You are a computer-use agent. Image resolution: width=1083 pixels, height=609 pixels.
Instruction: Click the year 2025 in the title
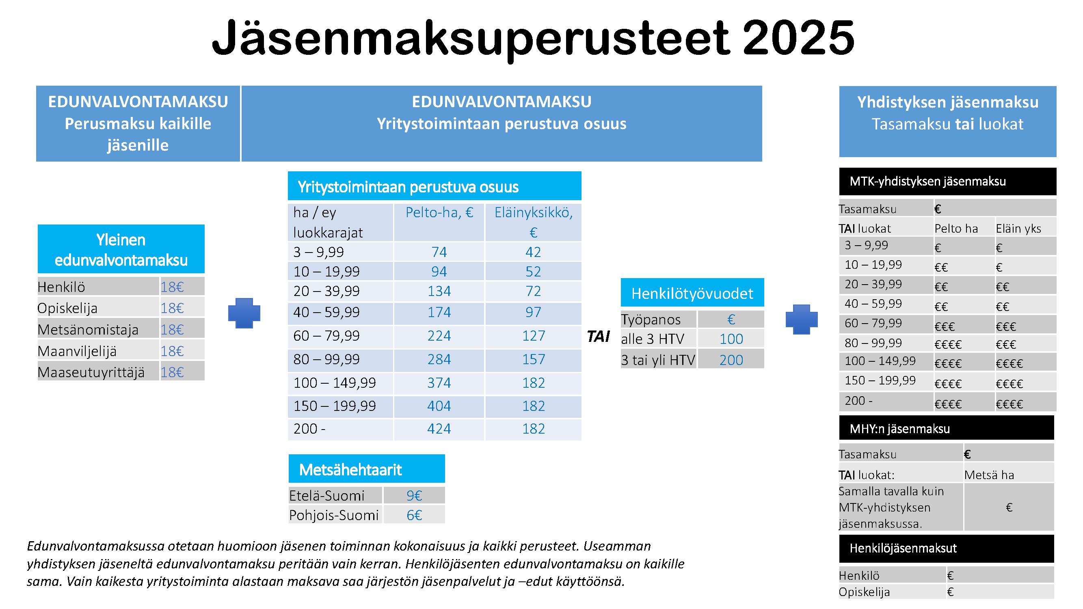pyautogui.click(x=795, y=38)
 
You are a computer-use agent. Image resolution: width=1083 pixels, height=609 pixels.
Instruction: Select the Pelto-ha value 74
pyautogui.click(x=439, y=252)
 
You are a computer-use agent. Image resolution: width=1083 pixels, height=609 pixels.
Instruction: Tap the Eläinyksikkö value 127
pyautogui.click(x=533, y=336)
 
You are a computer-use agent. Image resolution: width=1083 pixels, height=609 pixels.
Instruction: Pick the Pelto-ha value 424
pyautogui.click(x=439, y=429)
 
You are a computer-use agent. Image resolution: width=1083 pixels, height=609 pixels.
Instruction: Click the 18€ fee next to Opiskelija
pyautogui.click(x=172, y=308)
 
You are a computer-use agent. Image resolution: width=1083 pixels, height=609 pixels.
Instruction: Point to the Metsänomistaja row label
pyautogui.click(x=88, y=330)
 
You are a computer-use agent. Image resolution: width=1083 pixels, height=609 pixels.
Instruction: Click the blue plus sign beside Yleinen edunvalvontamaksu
pyautogui.click(x=244, y=313)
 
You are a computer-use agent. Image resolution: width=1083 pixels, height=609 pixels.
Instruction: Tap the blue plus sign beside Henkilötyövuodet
pyautogui.click(x=802, y=320)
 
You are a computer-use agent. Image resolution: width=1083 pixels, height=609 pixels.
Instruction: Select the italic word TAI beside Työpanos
pyautogui.click(x=598, y=337)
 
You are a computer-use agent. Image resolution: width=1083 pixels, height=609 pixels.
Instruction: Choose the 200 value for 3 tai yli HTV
pyautogui.click(x=731, y=360)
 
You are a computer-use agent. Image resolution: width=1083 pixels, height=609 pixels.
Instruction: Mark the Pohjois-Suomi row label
pyautogui.click(x=334, y=515)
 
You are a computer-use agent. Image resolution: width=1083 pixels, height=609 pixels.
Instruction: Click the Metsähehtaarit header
pyautogui.click(x=350, y=469)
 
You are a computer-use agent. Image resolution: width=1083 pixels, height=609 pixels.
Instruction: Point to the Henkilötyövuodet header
pyautogui.click(x=692, y=294)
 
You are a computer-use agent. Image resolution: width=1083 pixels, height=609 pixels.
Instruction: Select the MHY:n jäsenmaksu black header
pyautogui.click(x=947, y=428)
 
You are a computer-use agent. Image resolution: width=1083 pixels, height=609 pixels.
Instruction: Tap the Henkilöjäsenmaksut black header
pyautogui.click(x=947, y=548)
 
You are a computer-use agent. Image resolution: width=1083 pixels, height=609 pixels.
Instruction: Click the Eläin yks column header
pyautogui.click(x=1018, y=229)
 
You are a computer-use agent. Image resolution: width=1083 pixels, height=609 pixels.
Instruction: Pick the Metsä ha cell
pyautogui.click(x=989, y=475)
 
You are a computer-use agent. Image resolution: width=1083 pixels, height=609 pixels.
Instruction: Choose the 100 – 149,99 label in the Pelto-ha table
pyautogui.click(x=335, y=383)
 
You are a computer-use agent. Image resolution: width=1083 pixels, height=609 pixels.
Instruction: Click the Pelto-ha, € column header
pyautogui.click(x=439, y=213)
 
